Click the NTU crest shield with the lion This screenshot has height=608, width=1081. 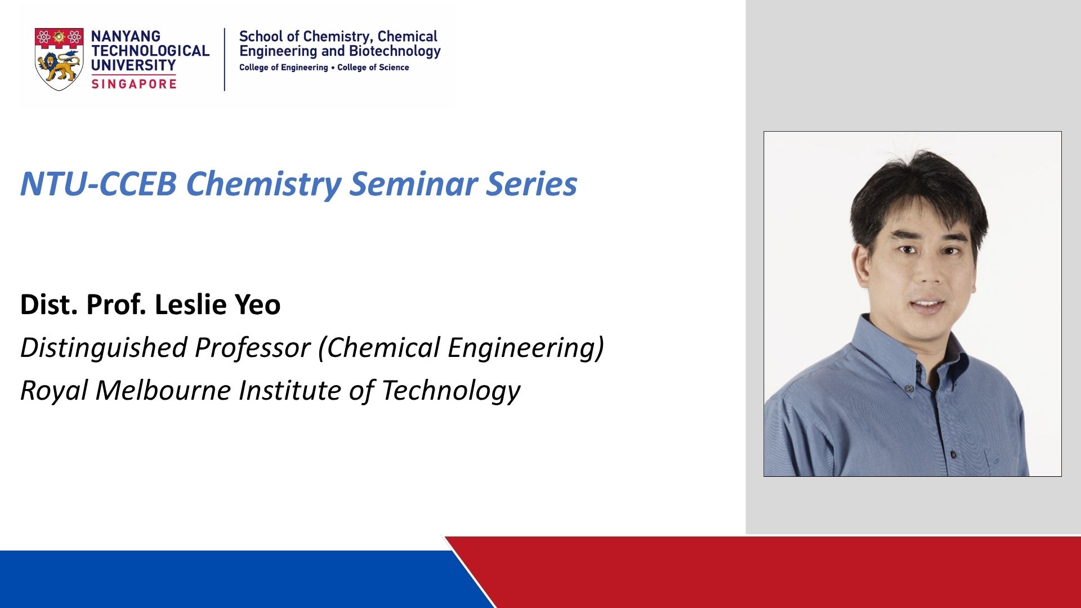pyautogui.click(x=59, y=59)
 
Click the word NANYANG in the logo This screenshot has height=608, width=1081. pyautogui.click(x=126, y=36)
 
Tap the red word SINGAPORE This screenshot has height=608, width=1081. pyautogui.click(x=134, y=84)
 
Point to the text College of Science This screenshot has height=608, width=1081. pyautogui.click(x=373, y=68)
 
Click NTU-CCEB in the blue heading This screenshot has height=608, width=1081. pyautogui.click(x=99, y=184)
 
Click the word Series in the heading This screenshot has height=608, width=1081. pyautogui.click(x=532, y=184)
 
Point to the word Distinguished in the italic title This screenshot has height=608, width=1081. pyautogui.click(x=104, y=347)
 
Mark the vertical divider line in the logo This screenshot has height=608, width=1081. pyautogui.click(x=225, y=59)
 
